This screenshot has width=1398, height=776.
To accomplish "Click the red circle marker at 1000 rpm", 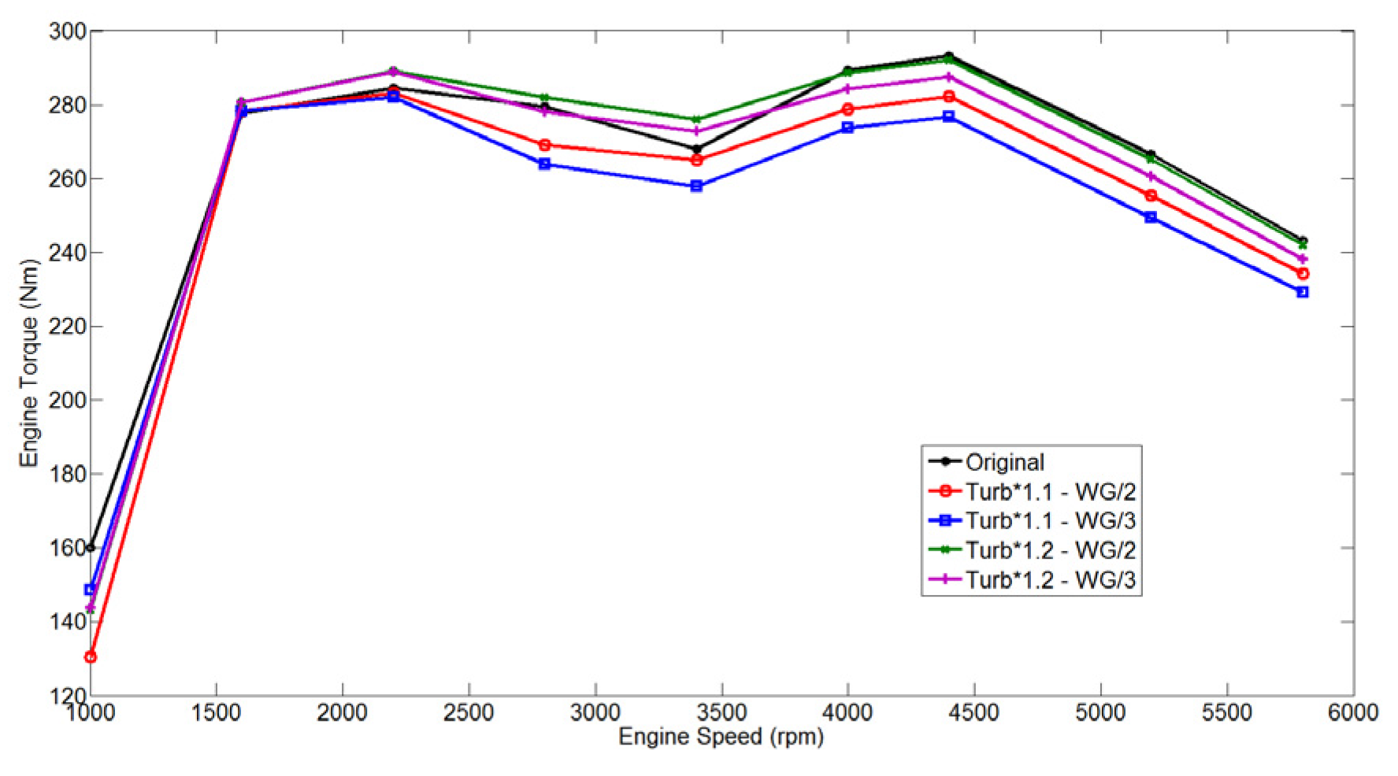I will click(91, 656).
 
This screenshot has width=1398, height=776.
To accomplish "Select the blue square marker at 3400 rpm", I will click(696, 187).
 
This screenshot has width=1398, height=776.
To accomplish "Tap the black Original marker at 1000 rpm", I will click(91, 547).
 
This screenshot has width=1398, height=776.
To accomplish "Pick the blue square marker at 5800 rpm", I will click(1303, 292).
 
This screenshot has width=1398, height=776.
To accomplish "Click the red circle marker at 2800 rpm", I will click(544, 145).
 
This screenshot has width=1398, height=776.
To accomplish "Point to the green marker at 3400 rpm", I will click(696, 120).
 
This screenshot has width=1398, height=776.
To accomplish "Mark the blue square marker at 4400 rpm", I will click(949, 116).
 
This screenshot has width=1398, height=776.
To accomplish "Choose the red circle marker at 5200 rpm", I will click(1151, 195).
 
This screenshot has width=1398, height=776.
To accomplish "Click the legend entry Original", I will click(1005, 462).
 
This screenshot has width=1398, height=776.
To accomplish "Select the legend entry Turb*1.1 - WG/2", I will click(1051, 492).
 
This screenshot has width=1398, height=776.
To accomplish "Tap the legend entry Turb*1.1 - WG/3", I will click(1051, 521).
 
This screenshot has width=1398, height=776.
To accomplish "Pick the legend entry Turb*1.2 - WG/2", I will click(1051, 550).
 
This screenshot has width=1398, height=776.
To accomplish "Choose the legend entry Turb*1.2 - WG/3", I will click(1051, 580).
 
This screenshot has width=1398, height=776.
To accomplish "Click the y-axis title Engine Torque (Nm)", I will click(30, 363).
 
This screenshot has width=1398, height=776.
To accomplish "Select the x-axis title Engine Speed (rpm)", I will click(721, 737).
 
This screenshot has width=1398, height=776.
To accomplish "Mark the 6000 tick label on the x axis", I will click(1352, 713).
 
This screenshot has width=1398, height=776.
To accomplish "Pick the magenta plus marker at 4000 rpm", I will click(847, 88).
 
